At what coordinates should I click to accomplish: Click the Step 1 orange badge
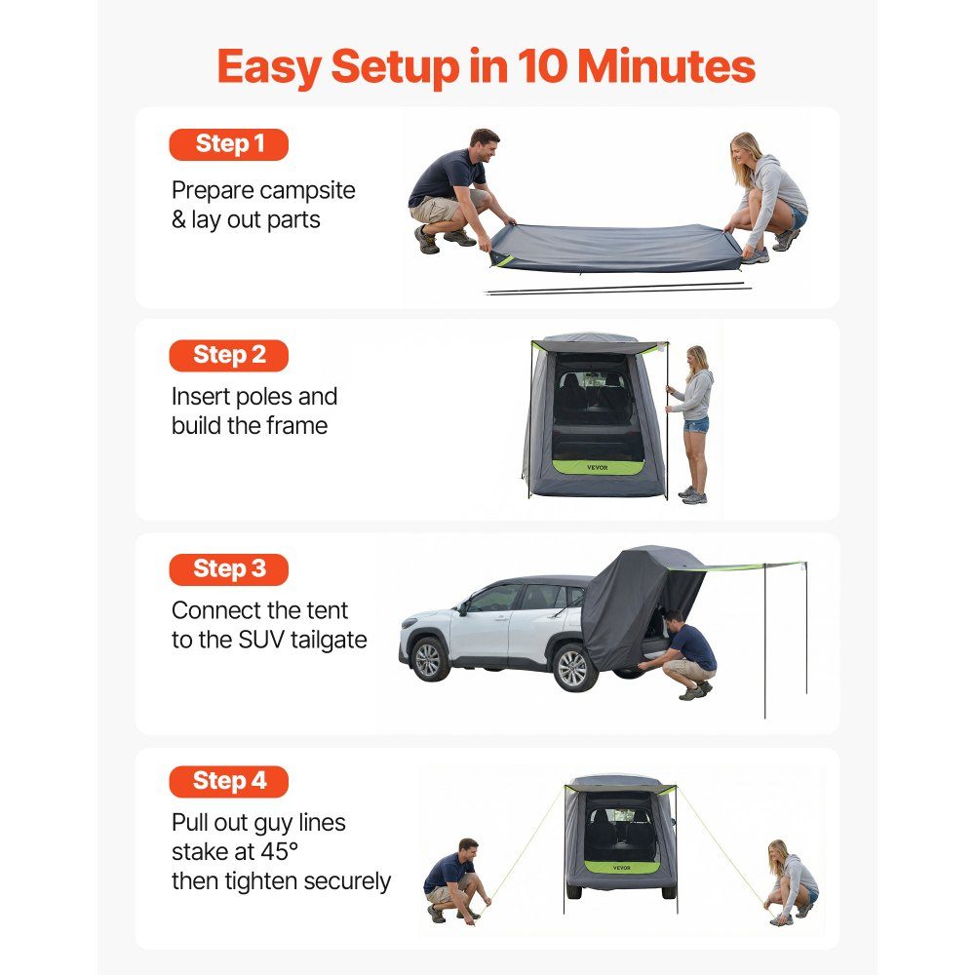(229, 144)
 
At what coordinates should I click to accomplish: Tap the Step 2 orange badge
(229, 356)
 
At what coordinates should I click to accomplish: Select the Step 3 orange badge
(229, 569)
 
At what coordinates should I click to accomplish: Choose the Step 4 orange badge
(229, 782)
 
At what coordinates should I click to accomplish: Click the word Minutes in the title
(667, 66)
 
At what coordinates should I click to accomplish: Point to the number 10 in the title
(541, 66)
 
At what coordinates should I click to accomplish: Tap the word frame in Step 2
(296, 426)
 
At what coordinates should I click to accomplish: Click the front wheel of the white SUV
(428, 659)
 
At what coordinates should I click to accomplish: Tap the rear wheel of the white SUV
(572, 669)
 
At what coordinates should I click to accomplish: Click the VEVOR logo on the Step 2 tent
(597, 468)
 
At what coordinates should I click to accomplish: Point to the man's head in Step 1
(484, 145)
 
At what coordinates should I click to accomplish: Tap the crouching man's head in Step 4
(468, 850)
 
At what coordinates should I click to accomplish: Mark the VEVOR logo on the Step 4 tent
(621, 868)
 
